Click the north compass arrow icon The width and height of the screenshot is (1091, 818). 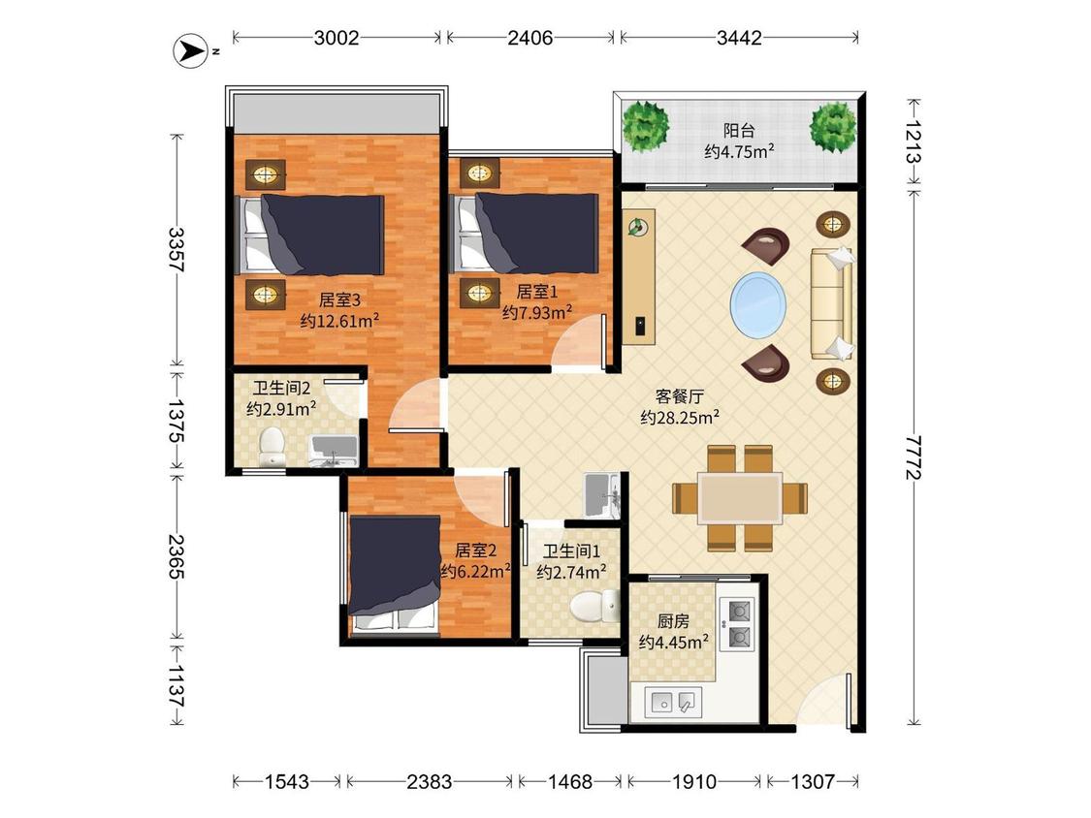pyautogui.click(x=190, y=51)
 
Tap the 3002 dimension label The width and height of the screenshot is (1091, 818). pyautogui.click(x=337, y=38)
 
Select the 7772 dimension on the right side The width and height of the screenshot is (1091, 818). pyautogui.click(x=914, y=457)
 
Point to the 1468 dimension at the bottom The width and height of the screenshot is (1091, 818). pyautogui.click(x=570, y=782)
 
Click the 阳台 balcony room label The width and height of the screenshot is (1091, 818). pyautogui.click(x=739, y=130)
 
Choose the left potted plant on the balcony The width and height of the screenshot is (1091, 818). pyautogui.click(x=646, y=126)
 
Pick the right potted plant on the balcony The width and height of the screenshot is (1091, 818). pyautogui.click(x=833, y=127)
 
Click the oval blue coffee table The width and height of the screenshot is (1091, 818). pyautogui.click(x=758, y=304)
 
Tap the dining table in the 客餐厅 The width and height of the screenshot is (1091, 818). pyautogui.click(x=740, y=498)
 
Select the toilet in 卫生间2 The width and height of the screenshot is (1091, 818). pyautogui.click(x=272, y=445)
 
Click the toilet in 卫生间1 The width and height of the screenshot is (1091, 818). pyautogui.click(x=594, y=606)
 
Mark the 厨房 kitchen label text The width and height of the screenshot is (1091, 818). pyautogui.click(x=674, y=620)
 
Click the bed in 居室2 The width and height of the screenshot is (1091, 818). pyautogui.click(x=396, y=576)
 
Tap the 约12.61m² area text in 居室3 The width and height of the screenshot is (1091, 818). pyautogui.click(x=339, y=321)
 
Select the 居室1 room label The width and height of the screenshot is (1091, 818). pyautogui.click(x=536, y=292)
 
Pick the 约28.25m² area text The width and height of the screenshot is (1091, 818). pyautogui.click(x=680, y=417)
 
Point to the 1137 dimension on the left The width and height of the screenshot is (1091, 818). pyautogui.click(x=176, y=686)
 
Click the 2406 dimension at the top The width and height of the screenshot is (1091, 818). pyautogui.click(x=530, y=38)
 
